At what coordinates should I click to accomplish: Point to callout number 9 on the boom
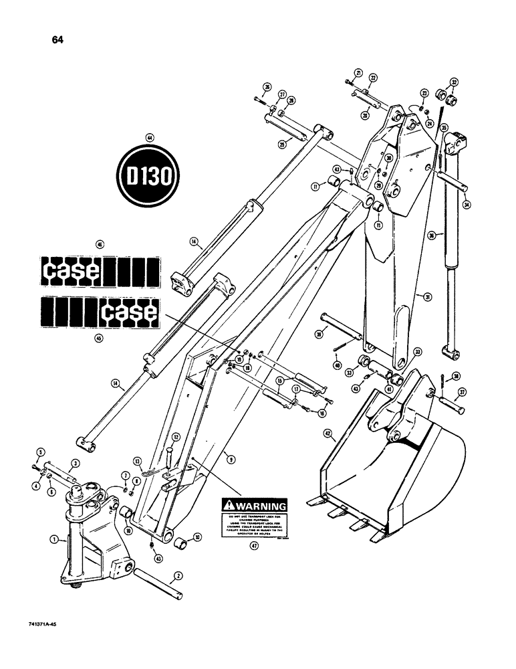tap(229, 458)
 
